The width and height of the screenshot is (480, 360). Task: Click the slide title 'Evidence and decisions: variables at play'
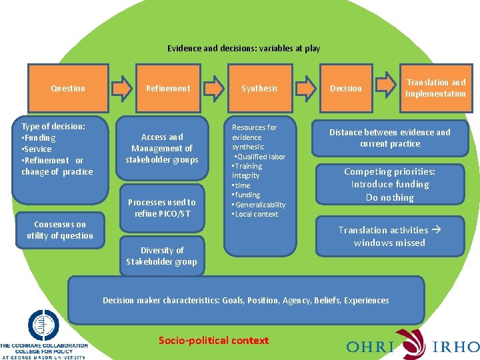click(243, 49)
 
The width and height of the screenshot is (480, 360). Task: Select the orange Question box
click(68, 88)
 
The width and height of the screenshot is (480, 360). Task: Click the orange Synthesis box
click(259, 88)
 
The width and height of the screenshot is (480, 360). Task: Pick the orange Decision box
click(346, 88)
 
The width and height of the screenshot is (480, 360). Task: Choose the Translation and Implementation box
click(435, 88)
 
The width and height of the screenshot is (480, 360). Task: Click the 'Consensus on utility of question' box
click(60, 230)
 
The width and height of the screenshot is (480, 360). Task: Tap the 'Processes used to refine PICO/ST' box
click(162, 207)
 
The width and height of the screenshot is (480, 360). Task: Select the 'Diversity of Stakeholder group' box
click(162, 256)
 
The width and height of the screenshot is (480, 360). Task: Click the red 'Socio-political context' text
click(213, 341)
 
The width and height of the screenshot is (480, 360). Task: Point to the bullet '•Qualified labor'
click(260, 157)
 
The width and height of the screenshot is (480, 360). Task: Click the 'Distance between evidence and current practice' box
click(389, 138)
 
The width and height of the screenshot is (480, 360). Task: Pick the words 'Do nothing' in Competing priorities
click(389, 197)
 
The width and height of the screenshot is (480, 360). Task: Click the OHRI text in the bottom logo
click(370, 346)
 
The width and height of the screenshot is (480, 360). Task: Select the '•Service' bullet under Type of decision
click(37, 149)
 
